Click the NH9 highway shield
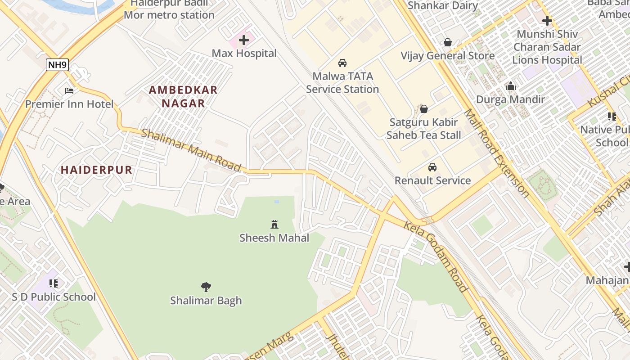[x=57, y=65]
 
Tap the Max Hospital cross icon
[x=243, y=40]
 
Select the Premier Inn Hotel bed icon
[x=69, y=91]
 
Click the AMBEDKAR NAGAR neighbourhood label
[x=183, y=96]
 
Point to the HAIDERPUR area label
[x=96, y=170]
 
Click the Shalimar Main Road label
[x=191, y=150]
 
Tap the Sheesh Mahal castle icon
[x=274, y=224]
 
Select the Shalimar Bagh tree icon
[x=206, y=287]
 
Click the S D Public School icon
[x=54, y=283]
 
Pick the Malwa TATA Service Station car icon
[x=342, y=63]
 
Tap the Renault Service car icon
[x=432, y=167]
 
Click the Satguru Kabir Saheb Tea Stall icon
[x=423, y=109]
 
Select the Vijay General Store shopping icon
[x=448, y=43]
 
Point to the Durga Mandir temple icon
[x=511, y=86]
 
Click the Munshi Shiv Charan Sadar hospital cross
[x=547, y=21]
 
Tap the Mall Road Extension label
[x=497, y=153]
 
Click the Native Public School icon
[x=612, y=117]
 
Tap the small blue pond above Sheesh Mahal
[x=276, y=202]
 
